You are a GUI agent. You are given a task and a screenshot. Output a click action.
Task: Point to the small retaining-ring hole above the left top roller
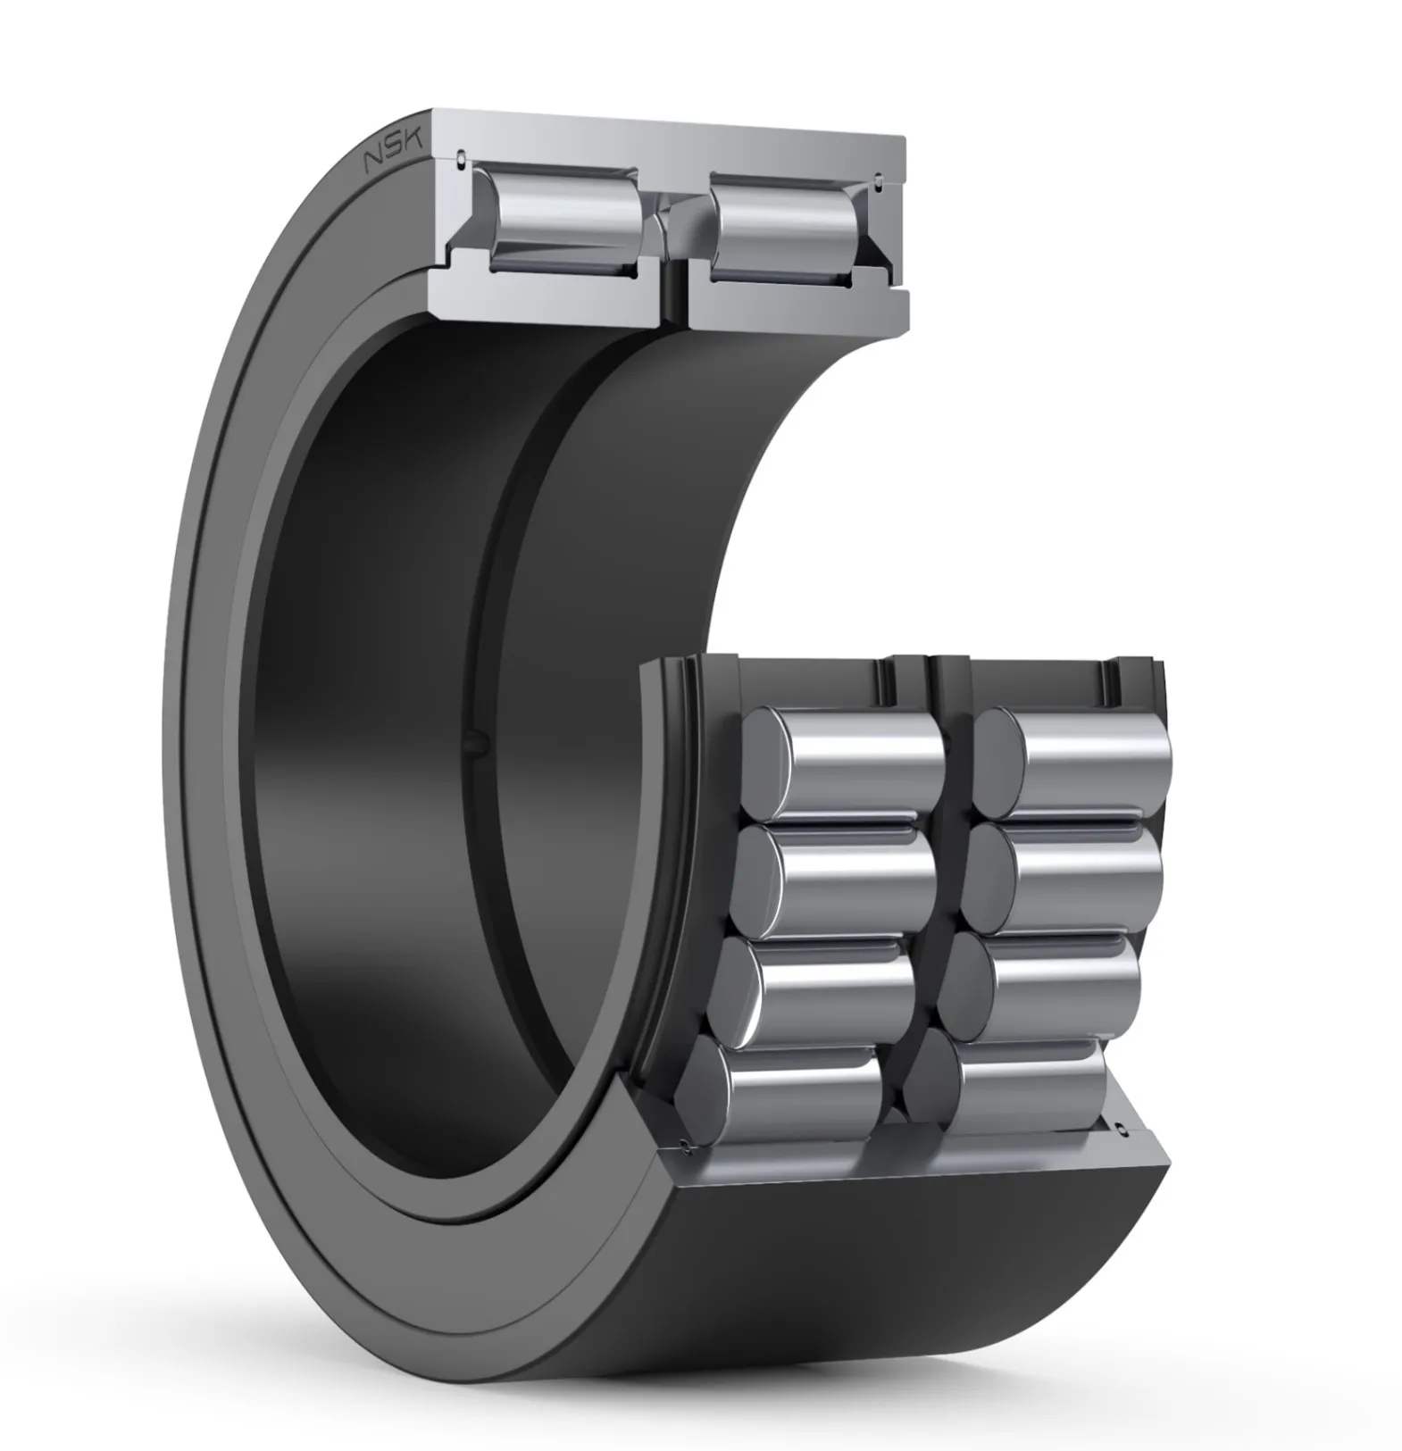[x=460, y=159]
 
